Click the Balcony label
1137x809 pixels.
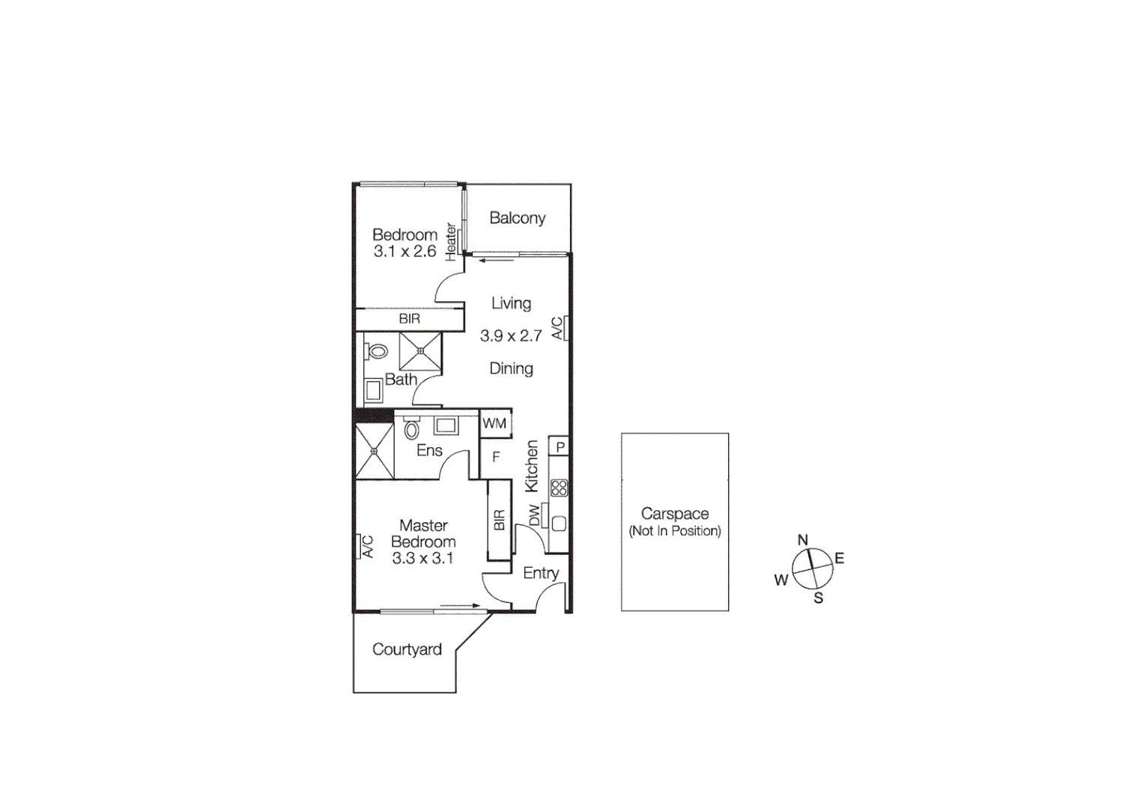pyautogui.click(x=517, y=218)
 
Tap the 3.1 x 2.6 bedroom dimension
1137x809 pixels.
pyautogui.click(x=404, y=252)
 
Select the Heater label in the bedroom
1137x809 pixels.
pyautogui.click(x=451, y=241)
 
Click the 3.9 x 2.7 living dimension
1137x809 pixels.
pyautogui.click(x=511, y=336)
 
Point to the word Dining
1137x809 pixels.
pyautogui.click(x=511, y=369)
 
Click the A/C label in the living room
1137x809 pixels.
pyautogui.click(x=557, y=328)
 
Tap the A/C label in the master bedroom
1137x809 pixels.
pyautogui.click(x=367, y=546)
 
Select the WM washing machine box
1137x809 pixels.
pyautogui.click(x=494, y=423)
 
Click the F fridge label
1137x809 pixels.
pyautogui.click(x=495, y=456)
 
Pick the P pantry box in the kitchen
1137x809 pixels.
pyautogui.click(x=560, y=447)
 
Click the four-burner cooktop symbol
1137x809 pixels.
pyautogui.click(x=559, y=488)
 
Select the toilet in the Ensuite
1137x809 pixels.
pyautogui.click(x=410, y=430)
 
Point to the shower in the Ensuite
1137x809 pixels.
pyautogui.click(x=374, y=452)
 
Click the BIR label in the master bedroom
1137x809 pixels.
pyautogui.click(x=500, y=520)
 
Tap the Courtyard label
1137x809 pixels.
pyautogui.click(x=407, y=649)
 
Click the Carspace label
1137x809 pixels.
pyautogui.click(x=674, y=514)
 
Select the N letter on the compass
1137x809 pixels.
pyautogui.click(x=803, y=539)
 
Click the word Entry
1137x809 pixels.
pyautogui.click(x=541, y=573)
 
